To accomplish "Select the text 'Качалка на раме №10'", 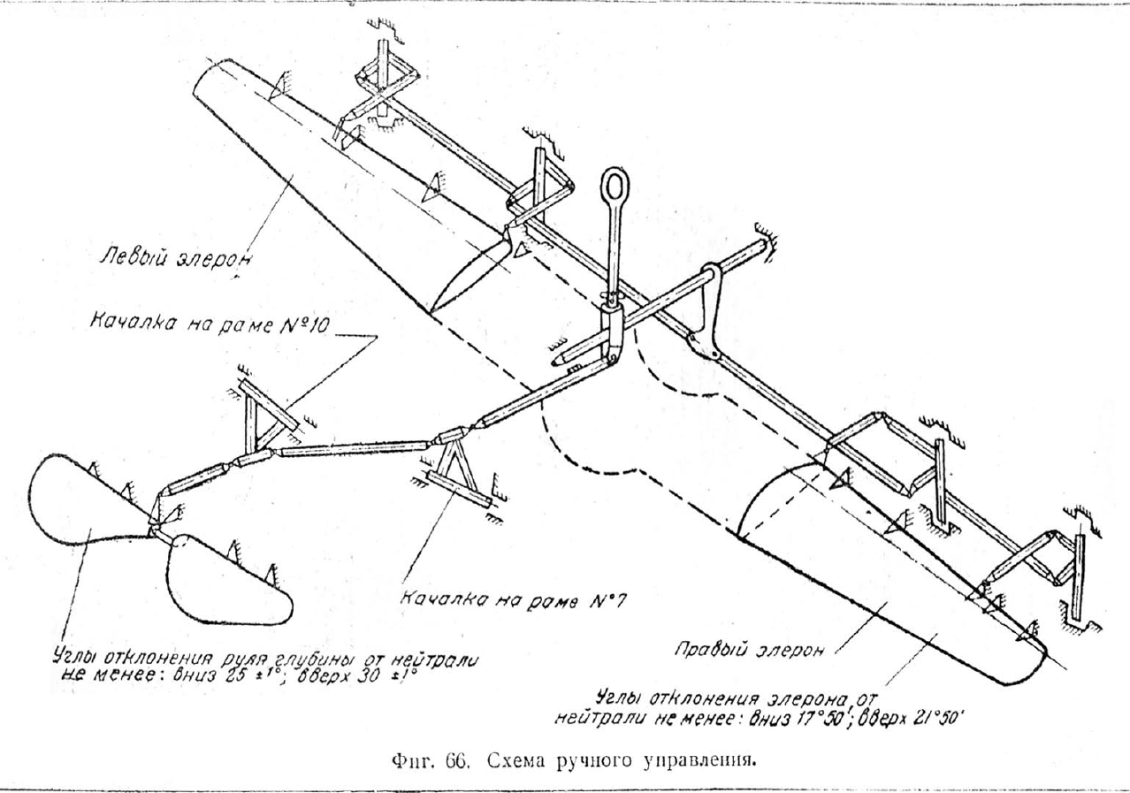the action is click(x=209, y=324).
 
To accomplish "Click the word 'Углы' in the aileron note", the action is click(x=618, y=698).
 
